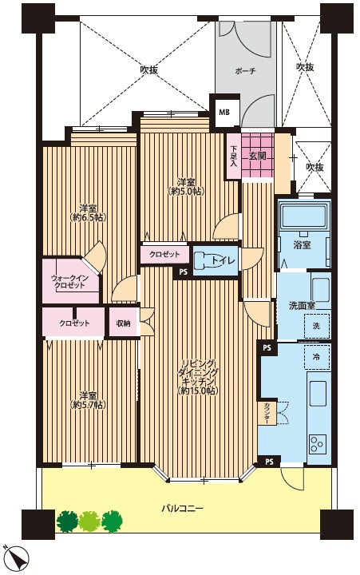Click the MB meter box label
point(224,113)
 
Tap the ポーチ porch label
point(245,71)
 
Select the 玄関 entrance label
point(257,156)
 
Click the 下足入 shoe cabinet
point(234,156)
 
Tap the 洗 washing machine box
point(316,326)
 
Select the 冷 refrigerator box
point(316,356)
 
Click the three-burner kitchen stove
point(317,444)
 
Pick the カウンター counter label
point(265,414)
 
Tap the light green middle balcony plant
point(89,521)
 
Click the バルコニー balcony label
point(182,509)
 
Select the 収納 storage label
point(123,323)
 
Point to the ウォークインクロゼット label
point(68,281)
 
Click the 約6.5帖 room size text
point(89,217)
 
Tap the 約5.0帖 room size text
point(186,191)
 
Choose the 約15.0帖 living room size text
point(198,391)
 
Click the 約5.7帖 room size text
point(89,405)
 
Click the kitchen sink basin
point(318,393)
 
